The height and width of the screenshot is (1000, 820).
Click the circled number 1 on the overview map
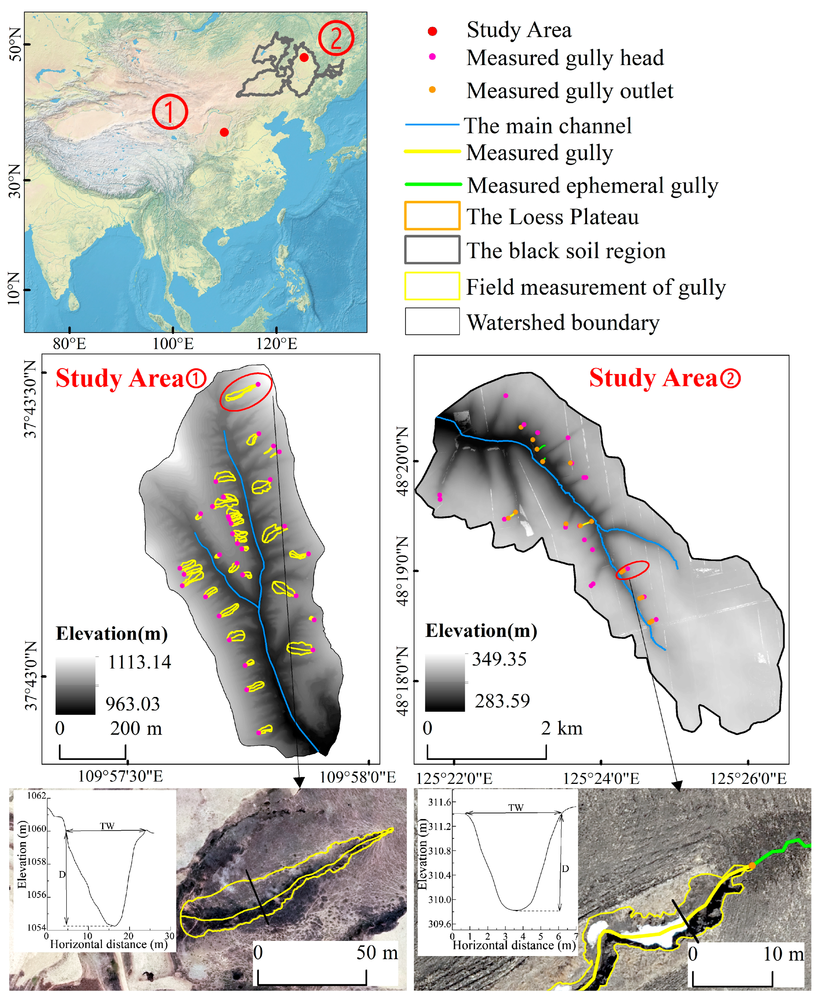coord(170,112)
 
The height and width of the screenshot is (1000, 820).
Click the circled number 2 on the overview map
coord(336,38)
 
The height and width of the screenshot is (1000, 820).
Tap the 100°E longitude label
coord(173,344)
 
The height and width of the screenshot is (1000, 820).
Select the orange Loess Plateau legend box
coord(432,216)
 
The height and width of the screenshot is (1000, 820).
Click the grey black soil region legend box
coord(432,250)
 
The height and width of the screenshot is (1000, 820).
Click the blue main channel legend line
coord(432,125)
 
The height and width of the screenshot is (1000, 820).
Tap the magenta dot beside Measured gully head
coord(432,57)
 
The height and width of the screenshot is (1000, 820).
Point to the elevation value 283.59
coord(502,701)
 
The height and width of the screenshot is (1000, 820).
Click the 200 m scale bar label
coord(136,728)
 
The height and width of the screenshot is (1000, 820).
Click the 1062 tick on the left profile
coord(37,795)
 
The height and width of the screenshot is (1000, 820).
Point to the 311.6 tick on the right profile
coord(439,802)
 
